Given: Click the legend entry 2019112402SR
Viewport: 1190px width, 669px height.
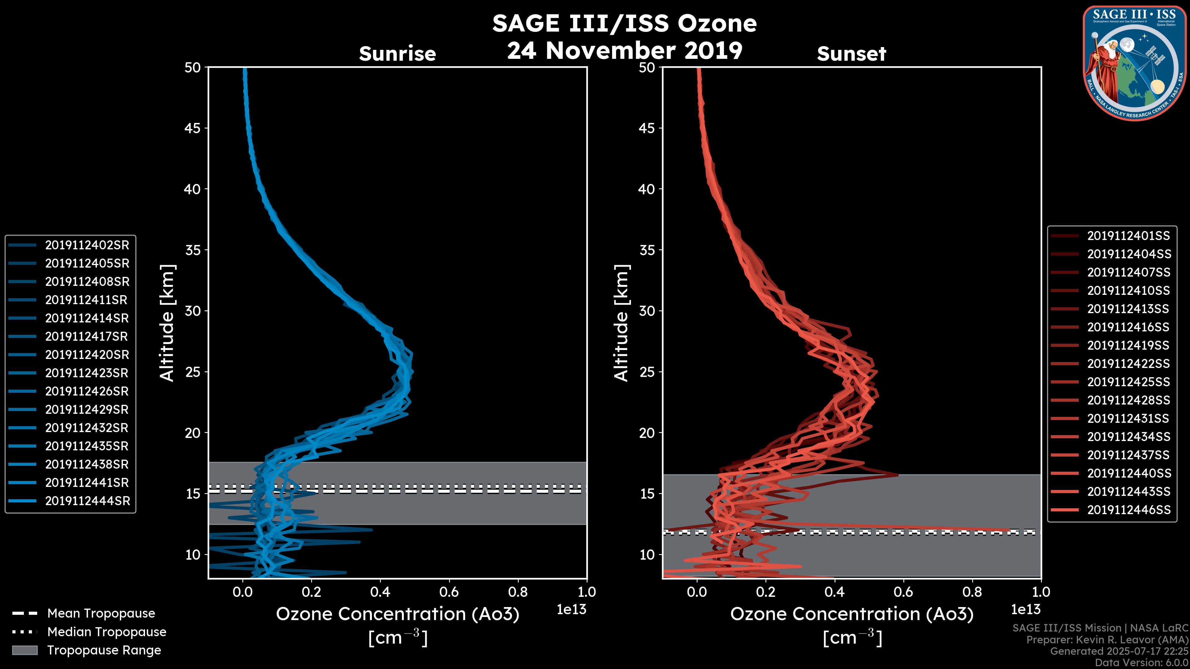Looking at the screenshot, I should tap(87, 245).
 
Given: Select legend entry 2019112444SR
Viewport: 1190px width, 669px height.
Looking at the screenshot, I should tap(87, 501).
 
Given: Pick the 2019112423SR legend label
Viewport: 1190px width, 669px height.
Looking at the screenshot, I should tap(87, 373).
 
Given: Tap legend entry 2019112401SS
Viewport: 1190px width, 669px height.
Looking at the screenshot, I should tap(1128, 236).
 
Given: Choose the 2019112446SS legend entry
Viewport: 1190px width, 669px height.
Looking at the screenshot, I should tap(1129, 510).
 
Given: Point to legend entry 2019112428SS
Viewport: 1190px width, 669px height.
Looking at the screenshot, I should tap(1128, 400).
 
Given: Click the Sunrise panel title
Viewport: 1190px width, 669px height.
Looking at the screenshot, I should tap(397, 54).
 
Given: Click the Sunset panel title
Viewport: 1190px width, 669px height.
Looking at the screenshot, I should tap(851, 54).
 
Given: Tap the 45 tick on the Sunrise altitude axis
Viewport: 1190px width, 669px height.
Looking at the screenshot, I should tap(193, 128).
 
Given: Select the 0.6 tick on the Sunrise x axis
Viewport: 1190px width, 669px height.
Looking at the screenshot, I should tap(449, 592).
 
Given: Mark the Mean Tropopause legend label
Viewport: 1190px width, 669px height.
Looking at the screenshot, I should tap(101, 614).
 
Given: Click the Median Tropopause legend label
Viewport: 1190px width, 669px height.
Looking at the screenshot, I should tap(106, 632).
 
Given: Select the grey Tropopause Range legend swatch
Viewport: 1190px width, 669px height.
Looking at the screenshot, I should tap(24, 650).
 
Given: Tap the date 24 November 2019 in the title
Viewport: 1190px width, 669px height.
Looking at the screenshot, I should tap(624, 51).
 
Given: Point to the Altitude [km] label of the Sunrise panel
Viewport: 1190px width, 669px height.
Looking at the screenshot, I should tap(167, 323).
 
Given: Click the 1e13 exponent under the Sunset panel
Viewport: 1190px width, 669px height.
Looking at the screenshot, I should tap(1025, 610).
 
